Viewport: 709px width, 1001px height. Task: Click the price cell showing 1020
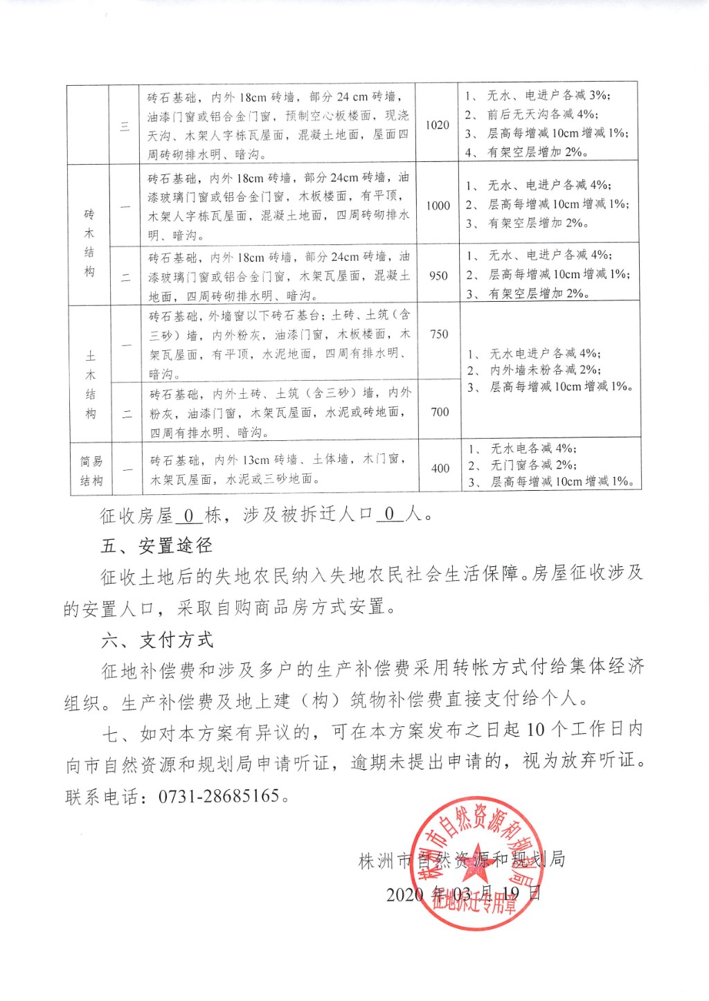tap(437, 125)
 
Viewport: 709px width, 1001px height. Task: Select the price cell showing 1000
tap(438, 206)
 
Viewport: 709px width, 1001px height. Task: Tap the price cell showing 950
tap(438, 276)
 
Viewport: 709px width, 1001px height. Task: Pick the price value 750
tap(439, 334)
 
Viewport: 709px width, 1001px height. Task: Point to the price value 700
tap(440, 412)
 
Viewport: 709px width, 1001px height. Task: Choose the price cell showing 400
tap(440, 468)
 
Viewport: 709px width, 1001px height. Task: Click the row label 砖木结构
tap(89, 242)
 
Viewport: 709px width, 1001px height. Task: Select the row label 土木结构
tap(91, 385)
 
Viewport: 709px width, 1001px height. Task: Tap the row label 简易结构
tap(91, 470)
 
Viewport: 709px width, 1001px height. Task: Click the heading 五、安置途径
tap(156, 545)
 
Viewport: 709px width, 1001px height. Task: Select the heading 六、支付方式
tap(157, 640)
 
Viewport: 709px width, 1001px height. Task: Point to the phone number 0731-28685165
tap(219, 796)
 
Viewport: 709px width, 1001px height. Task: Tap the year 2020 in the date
tap(404, 894)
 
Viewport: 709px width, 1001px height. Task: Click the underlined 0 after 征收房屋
tap(188, 515)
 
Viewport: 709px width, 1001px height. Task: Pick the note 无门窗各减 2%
tap(534, 465)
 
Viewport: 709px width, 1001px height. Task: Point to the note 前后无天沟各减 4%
tap(543, 114)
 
